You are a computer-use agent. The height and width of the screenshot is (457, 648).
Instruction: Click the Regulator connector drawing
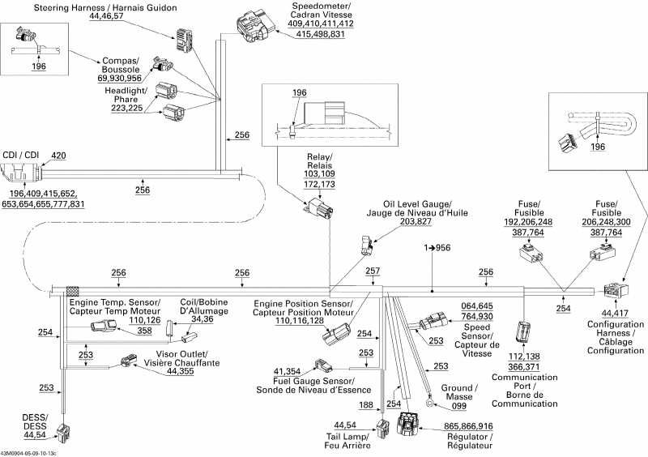[410, 426]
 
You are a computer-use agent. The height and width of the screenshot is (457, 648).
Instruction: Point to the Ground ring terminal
[428, 399]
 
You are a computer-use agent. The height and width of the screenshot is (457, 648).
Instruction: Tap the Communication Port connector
[523, 331]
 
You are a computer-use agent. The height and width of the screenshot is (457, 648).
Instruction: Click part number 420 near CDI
[59, 156]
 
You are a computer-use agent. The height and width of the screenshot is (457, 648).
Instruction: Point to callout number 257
[373, 271]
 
